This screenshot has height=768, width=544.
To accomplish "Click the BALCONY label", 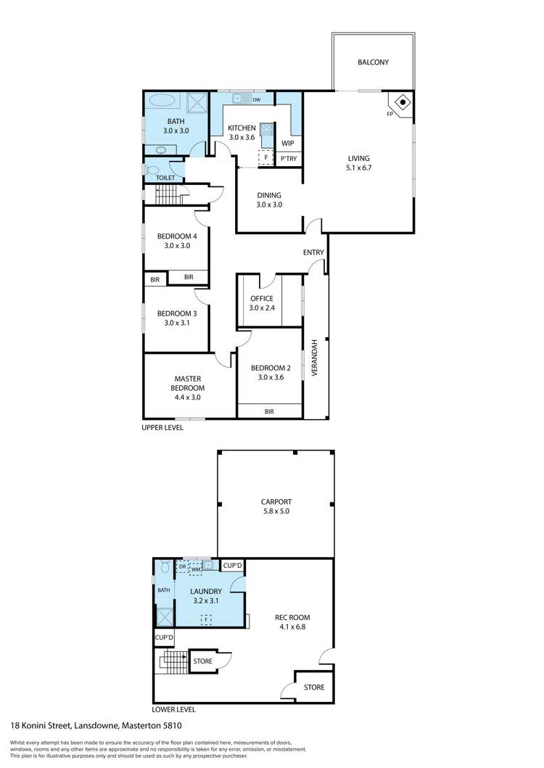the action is click(373, 62).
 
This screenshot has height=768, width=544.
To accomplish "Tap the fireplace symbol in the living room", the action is click(403, 102).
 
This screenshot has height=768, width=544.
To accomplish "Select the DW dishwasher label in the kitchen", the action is click(256, 100).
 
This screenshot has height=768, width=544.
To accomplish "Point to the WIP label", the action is click(288, 143).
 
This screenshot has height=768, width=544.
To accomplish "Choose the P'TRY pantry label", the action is click(289, 159).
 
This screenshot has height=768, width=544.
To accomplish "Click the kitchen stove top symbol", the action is click(267, 129).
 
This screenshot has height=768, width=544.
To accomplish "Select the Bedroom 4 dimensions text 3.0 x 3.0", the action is click(177, 245).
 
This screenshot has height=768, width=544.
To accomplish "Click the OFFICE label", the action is click(262, 298).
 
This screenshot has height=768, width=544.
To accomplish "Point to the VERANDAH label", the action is click(315, 358).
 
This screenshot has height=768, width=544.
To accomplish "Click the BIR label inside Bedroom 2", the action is click(269, 412).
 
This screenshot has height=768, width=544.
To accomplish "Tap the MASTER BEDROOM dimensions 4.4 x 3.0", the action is click(188, 397).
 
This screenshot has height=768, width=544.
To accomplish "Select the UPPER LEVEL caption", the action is click(162, 428).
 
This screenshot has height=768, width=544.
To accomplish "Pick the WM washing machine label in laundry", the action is click(196, 569).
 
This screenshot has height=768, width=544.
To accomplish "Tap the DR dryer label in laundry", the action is click(182, 566).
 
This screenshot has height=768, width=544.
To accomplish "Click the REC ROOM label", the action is click(292, 617).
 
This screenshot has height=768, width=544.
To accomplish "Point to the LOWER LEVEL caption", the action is click(173, 709).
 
